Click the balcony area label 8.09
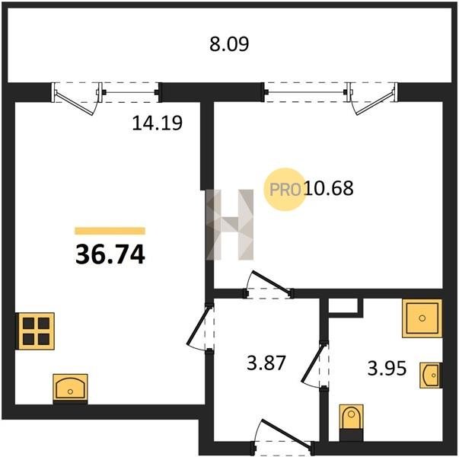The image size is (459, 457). pos(229,44)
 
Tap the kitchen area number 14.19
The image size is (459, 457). pos(158,123)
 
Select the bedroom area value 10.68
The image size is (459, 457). pos(329,188)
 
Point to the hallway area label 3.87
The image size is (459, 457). pos(266,363)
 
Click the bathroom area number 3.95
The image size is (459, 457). pos(387,368)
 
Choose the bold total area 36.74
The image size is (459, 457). pos(110,254)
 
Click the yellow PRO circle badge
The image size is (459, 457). pos(285,189)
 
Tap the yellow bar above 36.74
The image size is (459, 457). pos(110,231)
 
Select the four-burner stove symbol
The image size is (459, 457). pos(36,331)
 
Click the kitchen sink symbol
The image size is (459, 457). pos(70,388)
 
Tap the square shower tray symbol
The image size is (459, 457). pos(422,318)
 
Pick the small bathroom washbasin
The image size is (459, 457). pos(431,376)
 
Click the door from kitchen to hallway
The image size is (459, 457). pos(199,328)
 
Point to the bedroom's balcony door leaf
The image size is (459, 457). pos(373,100)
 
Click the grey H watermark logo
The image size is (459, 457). pos(230,225)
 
